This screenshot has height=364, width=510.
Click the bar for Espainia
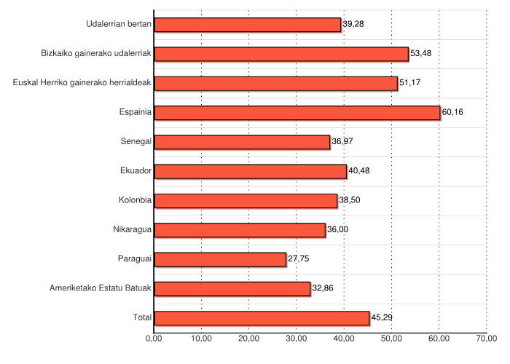(297, 112)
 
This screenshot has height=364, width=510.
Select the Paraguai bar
(220, 259)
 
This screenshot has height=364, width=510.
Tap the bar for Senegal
(242, 142)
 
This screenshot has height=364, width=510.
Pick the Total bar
(262, 317)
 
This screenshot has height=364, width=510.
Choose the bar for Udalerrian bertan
(248, 25)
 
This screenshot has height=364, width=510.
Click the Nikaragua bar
(240, 230)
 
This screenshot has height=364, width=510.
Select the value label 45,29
(382, 317)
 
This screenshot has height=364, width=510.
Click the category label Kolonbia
(135, 200)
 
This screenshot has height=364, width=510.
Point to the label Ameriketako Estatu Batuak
(101, 288)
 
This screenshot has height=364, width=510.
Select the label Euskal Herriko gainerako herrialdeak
(82, 83)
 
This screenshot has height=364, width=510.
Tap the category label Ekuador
(136, 171)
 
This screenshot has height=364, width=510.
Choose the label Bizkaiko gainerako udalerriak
(97, 54)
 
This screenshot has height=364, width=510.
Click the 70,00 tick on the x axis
(486, 338)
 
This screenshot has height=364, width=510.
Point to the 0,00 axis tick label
(154, 338)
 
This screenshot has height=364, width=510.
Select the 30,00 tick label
(297, 338)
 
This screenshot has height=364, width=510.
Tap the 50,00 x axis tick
(391, 338)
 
